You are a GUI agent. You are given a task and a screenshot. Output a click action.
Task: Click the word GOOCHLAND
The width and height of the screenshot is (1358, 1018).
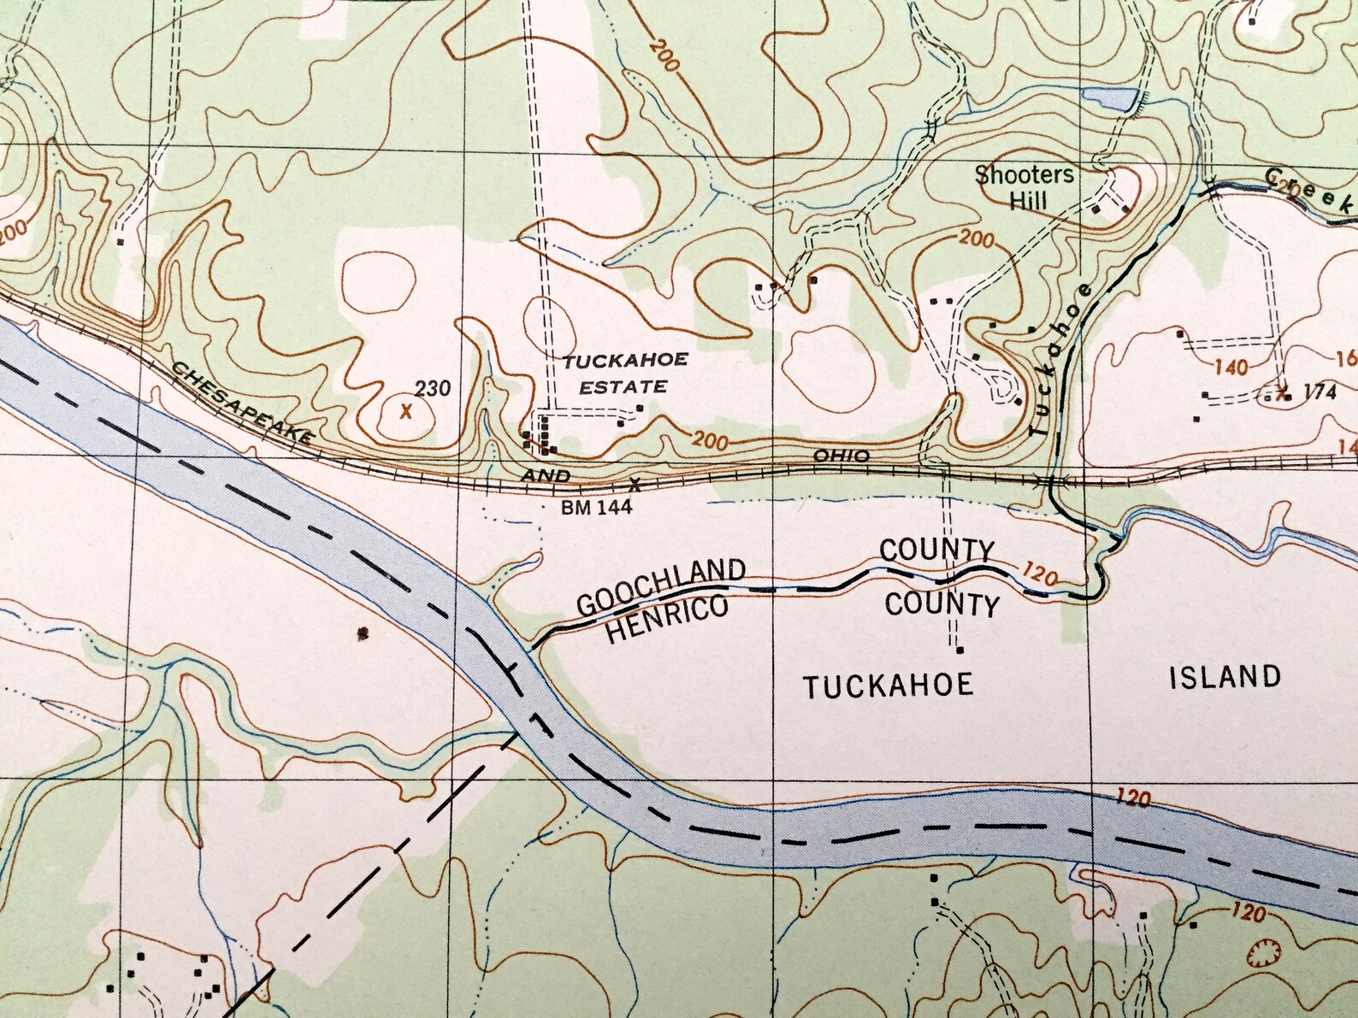pyautogui.click(x=660, y=587)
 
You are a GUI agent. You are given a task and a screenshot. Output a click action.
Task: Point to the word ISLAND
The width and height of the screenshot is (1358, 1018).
pyautogui.click(x=1224, y=677)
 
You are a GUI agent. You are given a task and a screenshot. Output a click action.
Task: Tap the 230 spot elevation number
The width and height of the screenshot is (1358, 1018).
pyautogui.click(x=433, y=389)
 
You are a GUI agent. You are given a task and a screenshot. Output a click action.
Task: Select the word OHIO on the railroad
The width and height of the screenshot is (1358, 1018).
pyautogui.click(x=841, y=456)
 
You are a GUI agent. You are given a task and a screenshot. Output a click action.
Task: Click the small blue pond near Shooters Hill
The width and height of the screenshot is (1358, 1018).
pyautogui.click(x=1109, y=97)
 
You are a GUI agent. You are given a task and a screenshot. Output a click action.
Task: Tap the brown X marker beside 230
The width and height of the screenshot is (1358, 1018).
pyautogui.click(x=406, y=410)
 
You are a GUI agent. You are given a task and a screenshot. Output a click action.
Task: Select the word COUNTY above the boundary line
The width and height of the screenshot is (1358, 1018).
pyautogui.click(x=936, y=550)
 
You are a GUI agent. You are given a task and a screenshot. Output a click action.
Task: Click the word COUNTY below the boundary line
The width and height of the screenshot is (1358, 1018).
pyautogui.click(x=942, y=604)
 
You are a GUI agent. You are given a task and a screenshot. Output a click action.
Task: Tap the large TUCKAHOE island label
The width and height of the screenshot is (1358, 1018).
pyautogui.click(x=889, y=685)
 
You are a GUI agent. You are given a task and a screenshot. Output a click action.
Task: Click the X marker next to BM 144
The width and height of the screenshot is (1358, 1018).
pyautogui.click(x=635, y=485)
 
